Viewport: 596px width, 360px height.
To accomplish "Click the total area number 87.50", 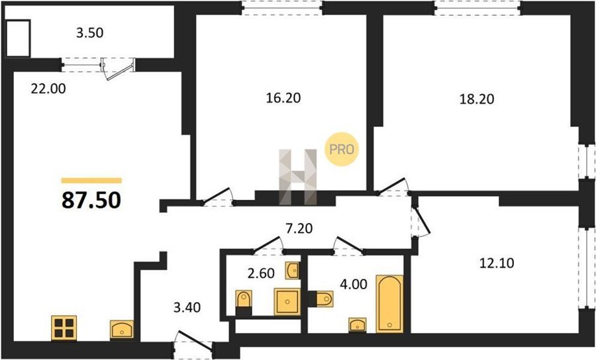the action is pos(91,200).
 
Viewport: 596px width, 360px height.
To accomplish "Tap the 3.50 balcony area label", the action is pos(89,33).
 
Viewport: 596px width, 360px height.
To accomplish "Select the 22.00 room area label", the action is pos(48,89).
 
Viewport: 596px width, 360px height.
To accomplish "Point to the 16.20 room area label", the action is pos(283,98).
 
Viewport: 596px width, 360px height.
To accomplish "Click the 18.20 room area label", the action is pos(477,99).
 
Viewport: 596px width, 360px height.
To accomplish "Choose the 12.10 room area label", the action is pos(497,263).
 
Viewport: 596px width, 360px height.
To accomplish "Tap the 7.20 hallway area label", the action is pos(299,228).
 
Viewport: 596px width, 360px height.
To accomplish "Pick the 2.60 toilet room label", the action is pos(261,273).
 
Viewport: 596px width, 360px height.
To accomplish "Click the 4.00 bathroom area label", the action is pos(354,284).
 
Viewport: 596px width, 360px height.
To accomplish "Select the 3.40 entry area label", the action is pos(187,307).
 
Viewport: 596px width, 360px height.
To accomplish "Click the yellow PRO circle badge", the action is pos(342,150).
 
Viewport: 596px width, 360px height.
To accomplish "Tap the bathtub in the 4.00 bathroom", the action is pos(389,304).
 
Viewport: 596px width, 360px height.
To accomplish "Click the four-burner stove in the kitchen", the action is pos(64,328).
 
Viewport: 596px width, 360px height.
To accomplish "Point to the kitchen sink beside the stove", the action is pos(122,330).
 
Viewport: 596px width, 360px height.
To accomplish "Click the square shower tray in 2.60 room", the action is pos(287,302).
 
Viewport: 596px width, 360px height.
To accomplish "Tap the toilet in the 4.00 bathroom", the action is pos(321,299).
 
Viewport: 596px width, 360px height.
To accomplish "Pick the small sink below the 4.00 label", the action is pos(358,325).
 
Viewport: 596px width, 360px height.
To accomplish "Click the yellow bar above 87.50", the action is pos(91,181).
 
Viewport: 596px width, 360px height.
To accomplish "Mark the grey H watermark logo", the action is pos(297,177).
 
